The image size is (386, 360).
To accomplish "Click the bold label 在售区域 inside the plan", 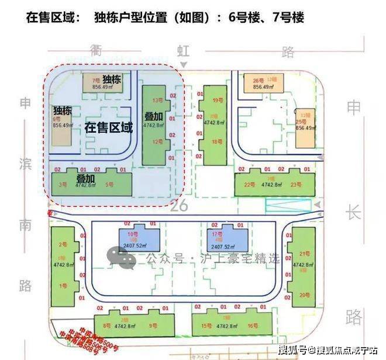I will click(109, 127).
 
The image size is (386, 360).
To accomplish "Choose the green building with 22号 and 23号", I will click(272, 184).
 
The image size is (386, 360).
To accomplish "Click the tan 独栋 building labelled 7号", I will click(101, 82).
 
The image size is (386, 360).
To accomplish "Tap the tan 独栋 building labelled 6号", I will click(61, 124).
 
